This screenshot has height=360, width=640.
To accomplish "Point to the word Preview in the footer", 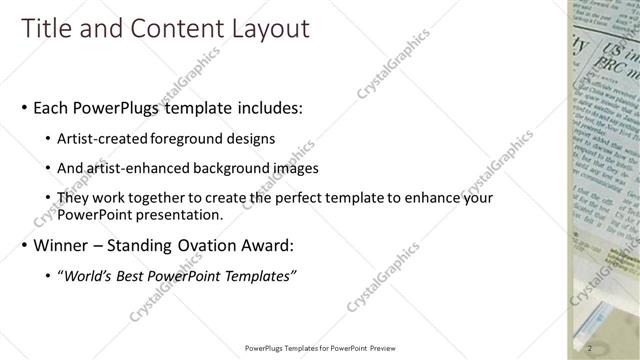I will pyautogui.click(x=393, y=348).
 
